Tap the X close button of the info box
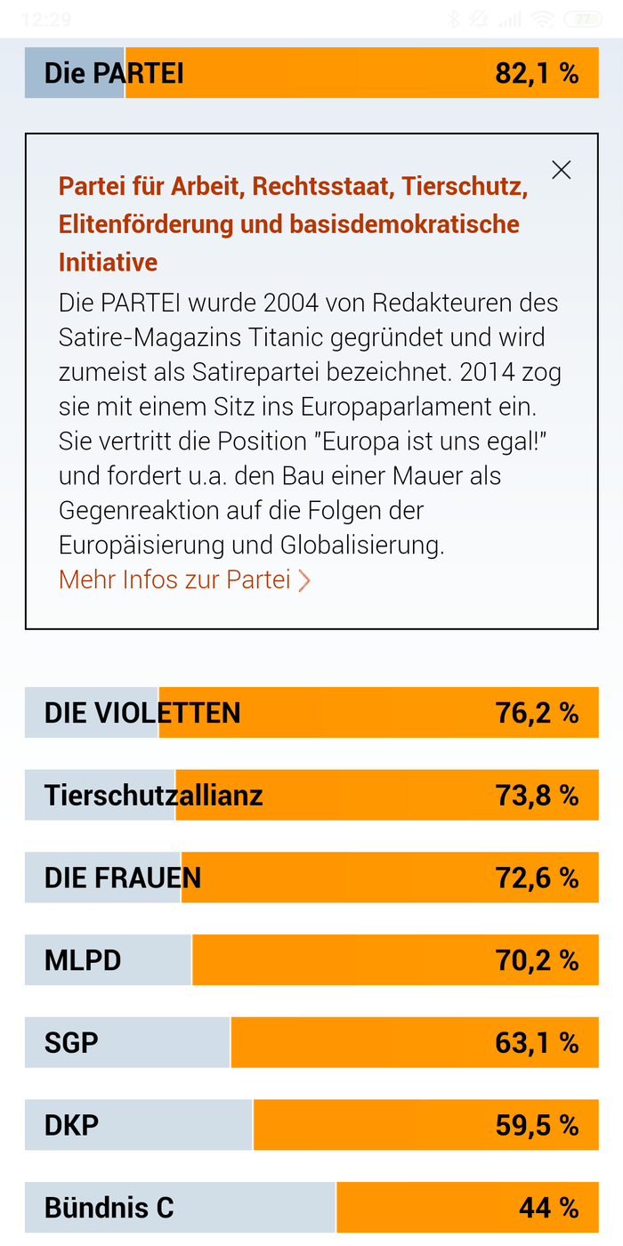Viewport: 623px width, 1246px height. [562, 170]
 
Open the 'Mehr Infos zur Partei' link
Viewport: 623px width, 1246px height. [184, 579]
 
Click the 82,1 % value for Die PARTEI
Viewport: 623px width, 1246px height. [537, 73]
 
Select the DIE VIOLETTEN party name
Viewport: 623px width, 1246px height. [142, 713]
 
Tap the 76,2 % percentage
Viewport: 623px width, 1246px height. [537, 713]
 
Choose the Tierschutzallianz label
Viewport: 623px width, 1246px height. [153, 795]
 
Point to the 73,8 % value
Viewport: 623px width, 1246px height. [537, 795]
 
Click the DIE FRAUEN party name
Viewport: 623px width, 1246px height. [123, 878]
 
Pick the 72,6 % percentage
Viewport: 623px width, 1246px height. [537, 878]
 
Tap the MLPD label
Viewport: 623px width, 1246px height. [83, 960]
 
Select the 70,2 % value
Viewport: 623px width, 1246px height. [537, 960]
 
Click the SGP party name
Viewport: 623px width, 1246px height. [71, 1042]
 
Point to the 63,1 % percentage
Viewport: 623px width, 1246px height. [537, 1042]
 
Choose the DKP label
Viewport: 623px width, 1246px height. [72, 1125]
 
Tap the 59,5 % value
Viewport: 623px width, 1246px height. [537, 1125]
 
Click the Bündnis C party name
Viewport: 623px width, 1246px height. [109, 1208]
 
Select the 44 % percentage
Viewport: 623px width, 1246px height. [549, 1208]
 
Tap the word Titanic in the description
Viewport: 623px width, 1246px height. [286, 337]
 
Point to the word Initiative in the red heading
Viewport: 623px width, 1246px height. [109, 262]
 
